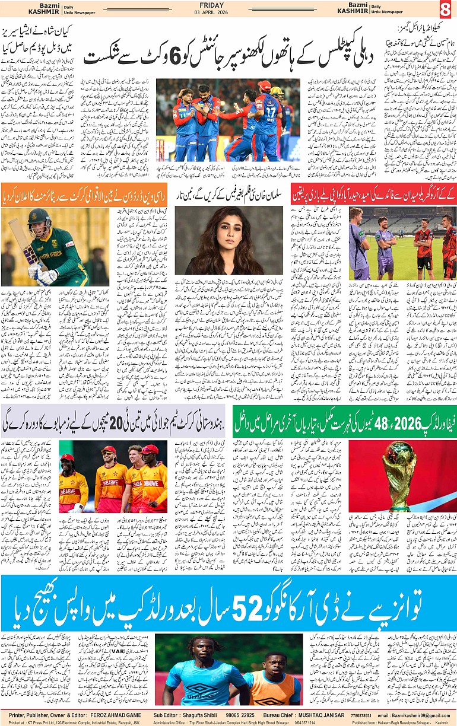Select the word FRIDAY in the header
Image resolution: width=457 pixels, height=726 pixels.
pyautogui.click(x=228, y=5)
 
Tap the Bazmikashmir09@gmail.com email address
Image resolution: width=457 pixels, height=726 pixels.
pyautogui.click(x=420, y=715)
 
